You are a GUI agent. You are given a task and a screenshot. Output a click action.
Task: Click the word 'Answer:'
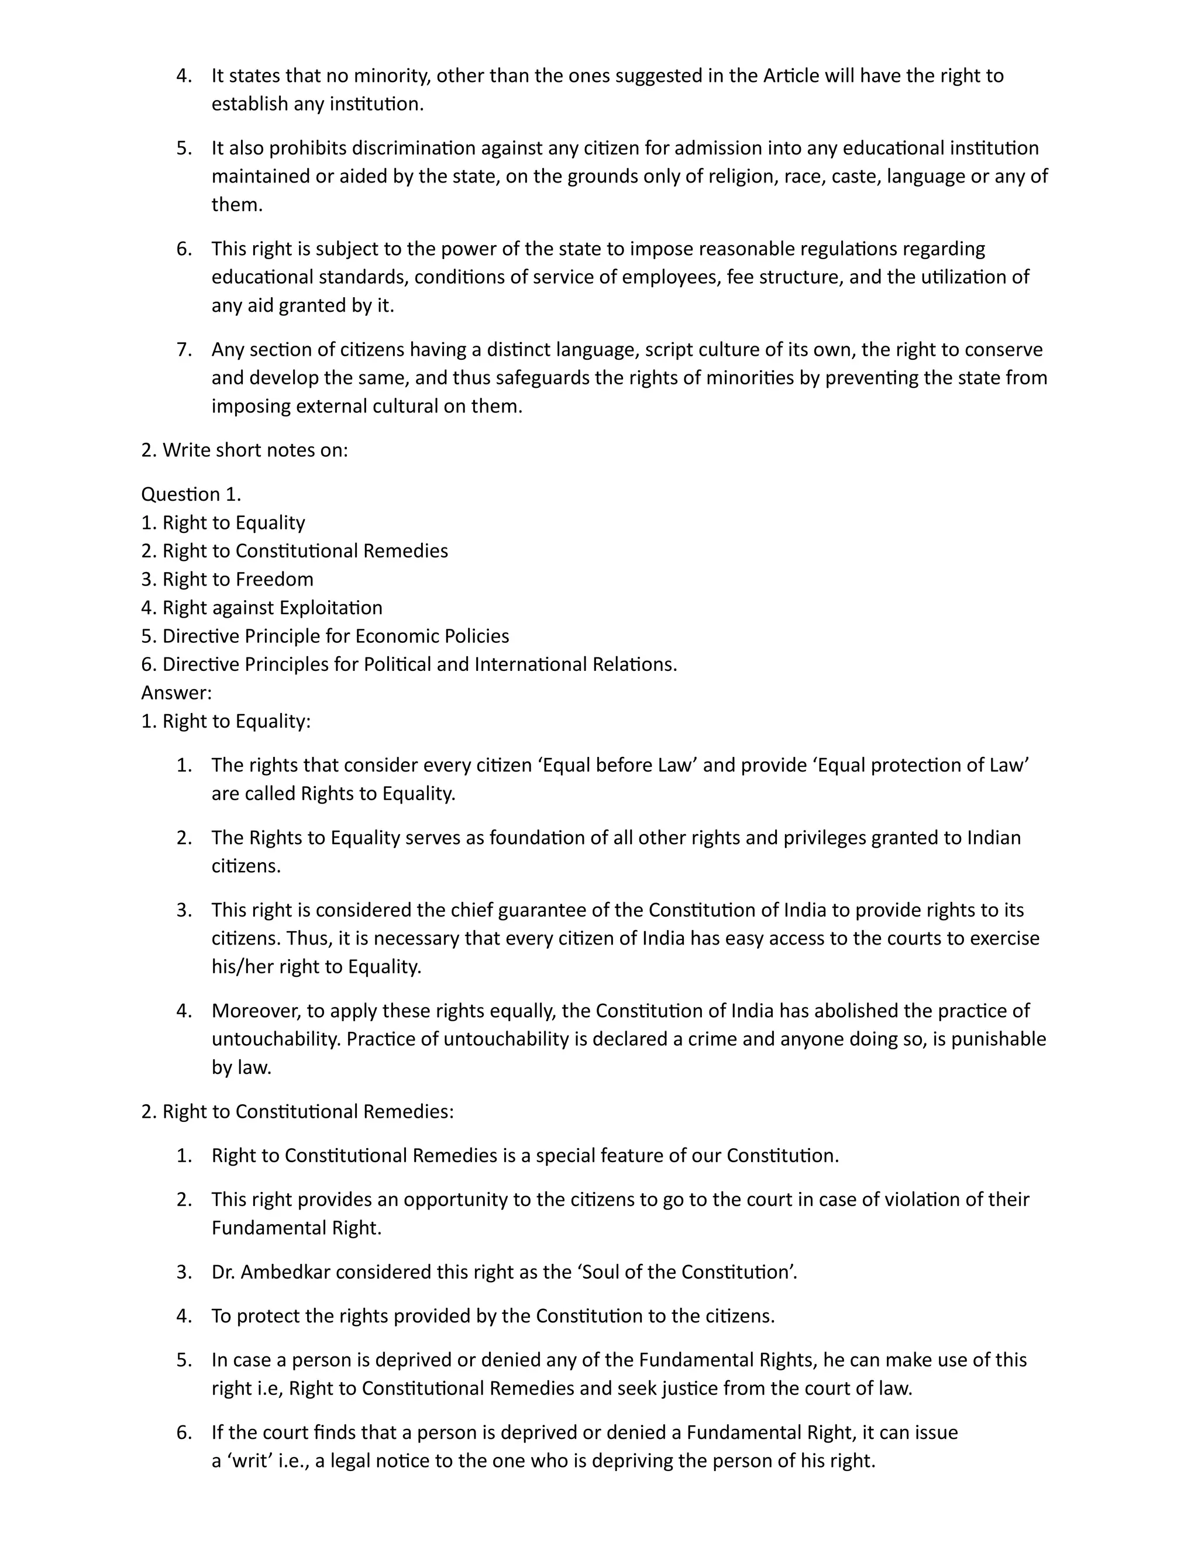coord(176,692)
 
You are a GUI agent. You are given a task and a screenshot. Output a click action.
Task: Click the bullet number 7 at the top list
coord(183,349)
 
